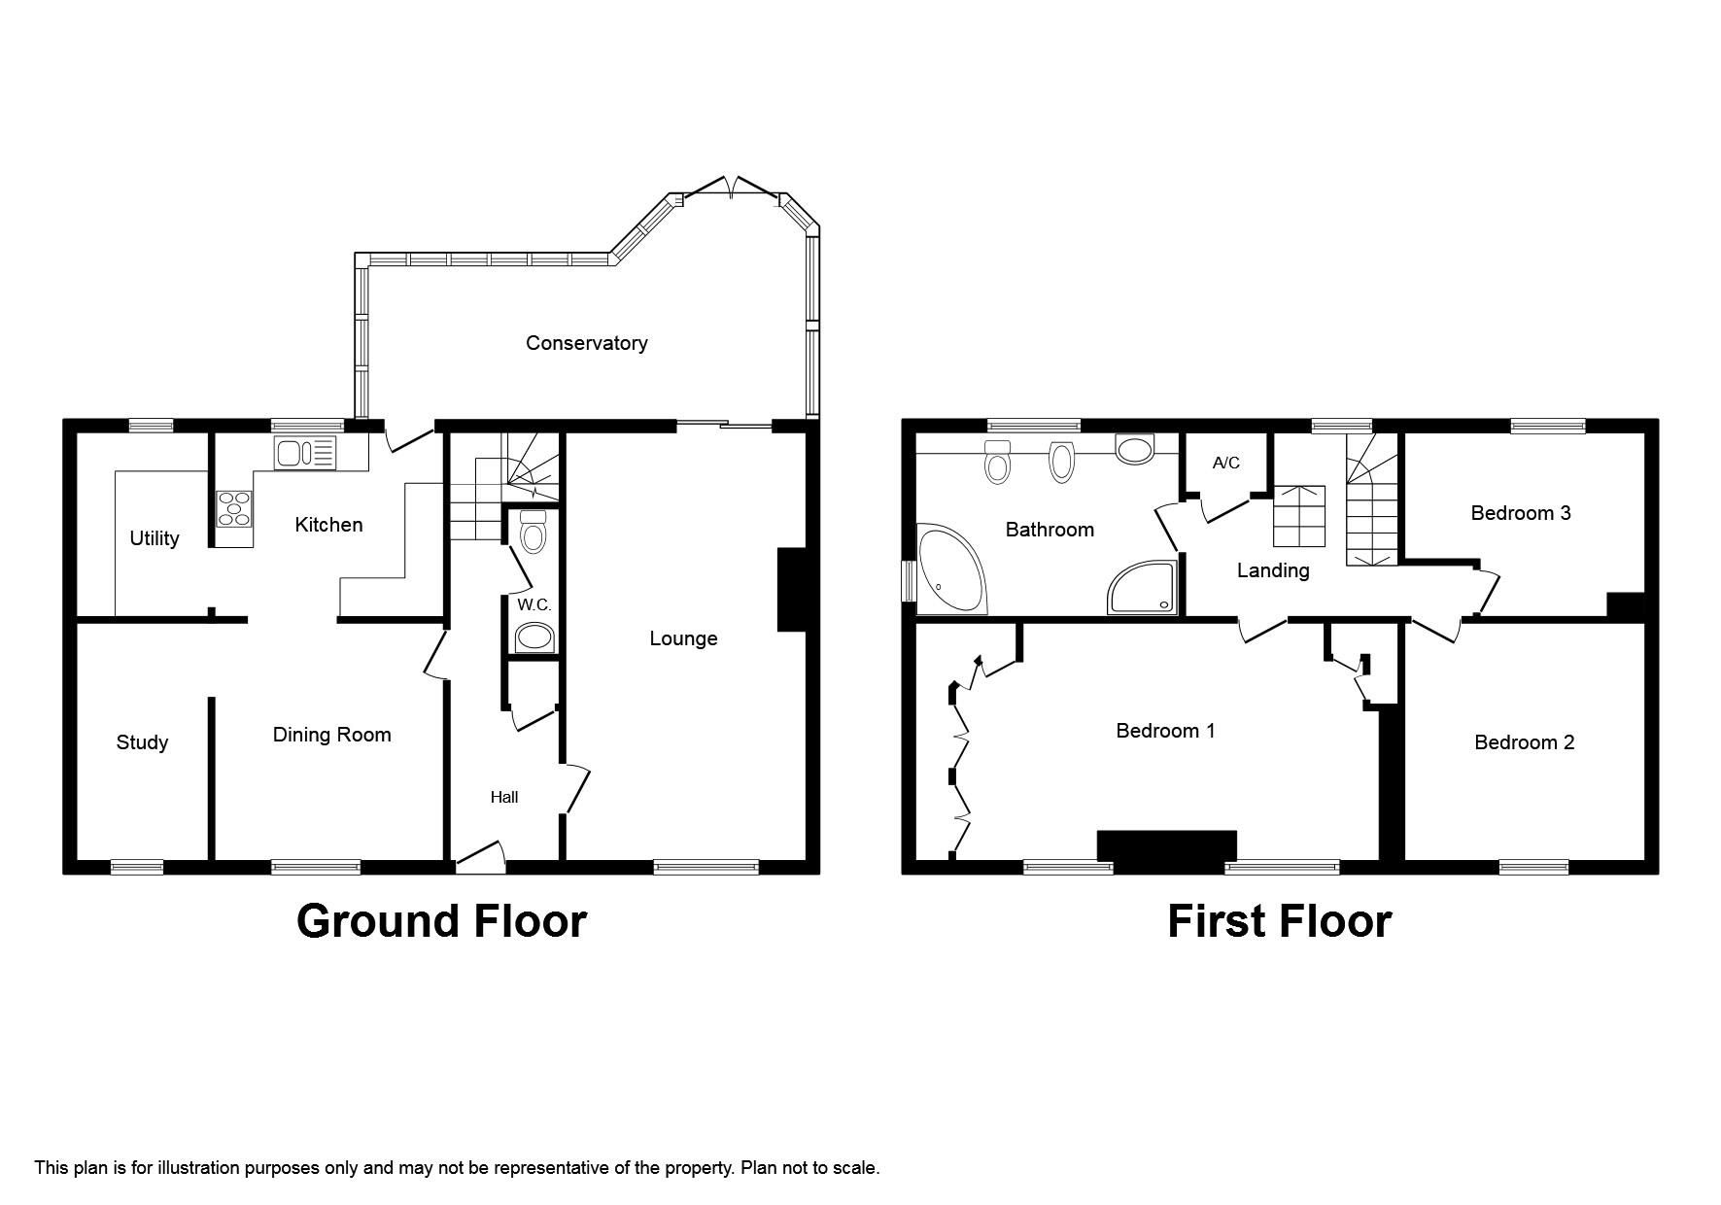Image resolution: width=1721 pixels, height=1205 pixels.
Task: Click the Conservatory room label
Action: click(586, 343)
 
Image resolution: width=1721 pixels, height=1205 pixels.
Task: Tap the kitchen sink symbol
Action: click(304, 453)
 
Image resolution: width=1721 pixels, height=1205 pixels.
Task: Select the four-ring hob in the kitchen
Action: click(233, 509)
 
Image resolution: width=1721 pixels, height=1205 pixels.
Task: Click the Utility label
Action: click(155, 538)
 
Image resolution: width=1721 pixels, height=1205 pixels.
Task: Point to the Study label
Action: click(142, 742)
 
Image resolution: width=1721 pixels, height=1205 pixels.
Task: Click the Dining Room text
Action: click(331, 735)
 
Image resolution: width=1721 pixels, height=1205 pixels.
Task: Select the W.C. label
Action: click(534, 604)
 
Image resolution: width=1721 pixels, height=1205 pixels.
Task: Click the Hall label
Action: click(503, 797)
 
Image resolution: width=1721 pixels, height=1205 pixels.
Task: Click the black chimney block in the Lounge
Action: click(791, 590)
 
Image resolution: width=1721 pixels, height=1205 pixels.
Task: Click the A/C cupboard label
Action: click(1225, 463)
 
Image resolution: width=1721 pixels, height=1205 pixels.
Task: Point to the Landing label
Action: click(1272, 570)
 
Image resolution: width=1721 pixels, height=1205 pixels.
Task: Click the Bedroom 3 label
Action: click(1520, 513)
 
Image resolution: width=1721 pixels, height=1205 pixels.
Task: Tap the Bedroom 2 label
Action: click(1524, 742)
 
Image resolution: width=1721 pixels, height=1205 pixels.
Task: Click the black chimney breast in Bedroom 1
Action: click(1166, 846)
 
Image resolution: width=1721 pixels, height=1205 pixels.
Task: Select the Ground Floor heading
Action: click(441, 920)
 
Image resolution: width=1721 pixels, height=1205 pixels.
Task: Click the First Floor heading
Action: click(1279, 920)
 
